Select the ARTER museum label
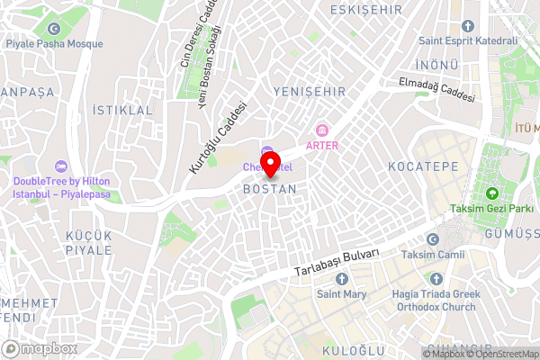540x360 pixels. [322, 145]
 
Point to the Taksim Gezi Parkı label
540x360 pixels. [492, 211]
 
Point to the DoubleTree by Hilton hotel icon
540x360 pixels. [61, 166]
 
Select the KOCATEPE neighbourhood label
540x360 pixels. [422, 167]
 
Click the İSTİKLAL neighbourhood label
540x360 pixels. [123, 110]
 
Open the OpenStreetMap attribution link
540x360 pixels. [503, 354]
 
